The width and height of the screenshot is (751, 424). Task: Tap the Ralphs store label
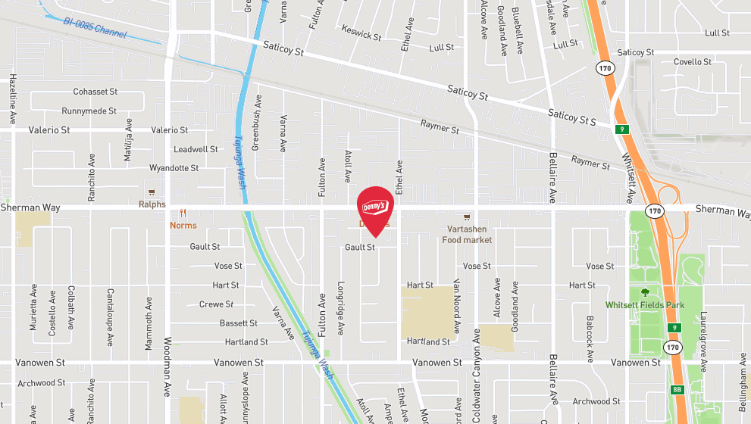pos(152,204)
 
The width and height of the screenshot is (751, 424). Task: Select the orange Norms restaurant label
pos(183,225)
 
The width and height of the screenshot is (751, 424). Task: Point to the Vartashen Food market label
pos(467,235)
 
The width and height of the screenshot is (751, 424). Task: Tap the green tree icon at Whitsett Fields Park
pos(645,291)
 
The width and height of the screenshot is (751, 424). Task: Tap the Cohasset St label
pos(95,92)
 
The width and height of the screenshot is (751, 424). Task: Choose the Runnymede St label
pos(89,111)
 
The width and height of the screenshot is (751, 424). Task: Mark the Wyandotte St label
pos(174,167)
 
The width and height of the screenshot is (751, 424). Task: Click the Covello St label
pos(693,62)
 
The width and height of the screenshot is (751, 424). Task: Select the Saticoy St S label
pos(573,117)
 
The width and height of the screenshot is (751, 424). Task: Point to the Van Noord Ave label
pos(457,306)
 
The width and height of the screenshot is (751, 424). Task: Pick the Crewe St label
pos(216,304)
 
